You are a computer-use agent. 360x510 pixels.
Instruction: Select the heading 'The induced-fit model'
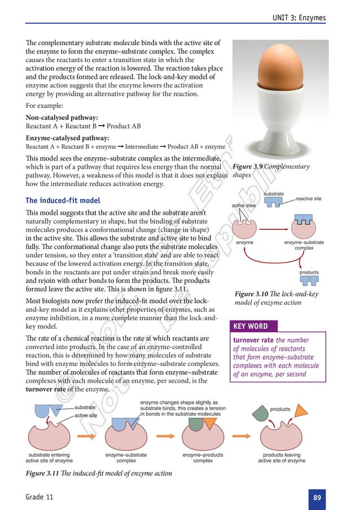63,200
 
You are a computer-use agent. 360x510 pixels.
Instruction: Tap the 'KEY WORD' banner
251,326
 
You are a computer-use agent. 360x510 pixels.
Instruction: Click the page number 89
317,498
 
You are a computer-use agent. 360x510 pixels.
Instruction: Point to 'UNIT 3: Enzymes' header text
299,18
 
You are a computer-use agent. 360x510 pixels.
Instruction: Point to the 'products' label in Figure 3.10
309,272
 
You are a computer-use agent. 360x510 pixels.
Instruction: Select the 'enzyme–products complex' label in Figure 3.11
203,457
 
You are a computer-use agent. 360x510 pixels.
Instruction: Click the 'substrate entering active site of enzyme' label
49,457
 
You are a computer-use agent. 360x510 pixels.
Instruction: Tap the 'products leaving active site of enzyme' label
282,457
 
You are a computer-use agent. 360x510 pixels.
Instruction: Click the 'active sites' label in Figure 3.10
244,206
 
